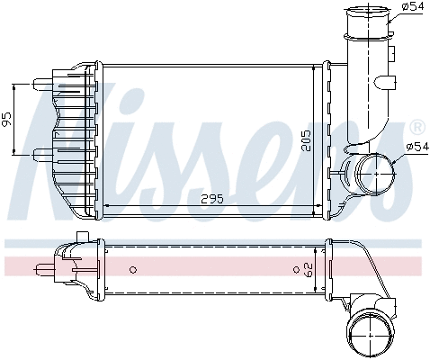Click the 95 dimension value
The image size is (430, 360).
(7, 118)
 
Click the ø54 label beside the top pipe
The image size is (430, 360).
(412, 7)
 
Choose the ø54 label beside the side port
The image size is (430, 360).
(417, 145)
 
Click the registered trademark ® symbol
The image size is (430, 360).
(417, 127)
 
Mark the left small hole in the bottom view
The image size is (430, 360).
(132, 268)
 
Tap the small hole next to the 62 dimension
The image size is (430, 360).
(296, 268)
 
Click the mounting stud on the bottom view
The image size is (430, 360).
(42, 267)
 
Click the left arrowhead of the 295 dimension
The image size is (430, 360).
(108, 206)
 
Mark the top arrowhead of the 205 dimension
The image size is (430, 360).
(317, 68)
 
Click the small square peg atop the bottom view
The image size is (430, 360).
(83, 236)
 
